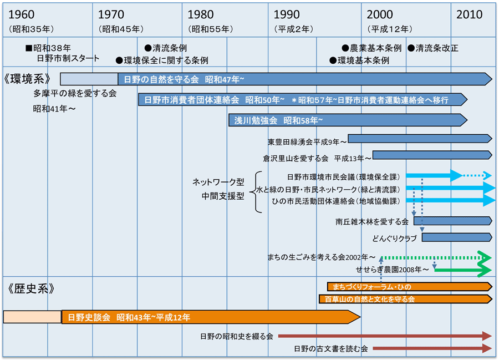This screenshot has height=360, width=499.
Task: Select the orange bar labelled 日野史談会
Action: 211,317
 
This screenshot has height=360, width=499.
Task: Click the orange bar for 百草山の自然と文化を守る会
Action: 405,299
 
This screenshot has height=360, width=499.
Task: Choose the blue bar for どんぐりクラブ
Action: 456,237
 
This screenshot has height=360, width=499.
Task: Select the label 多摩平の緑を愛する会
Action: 75,94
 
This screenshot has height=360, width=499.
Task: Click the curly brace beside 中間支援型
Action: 257,191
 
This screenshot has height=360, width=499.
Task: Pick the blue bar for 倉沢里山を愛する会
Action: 432,155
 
